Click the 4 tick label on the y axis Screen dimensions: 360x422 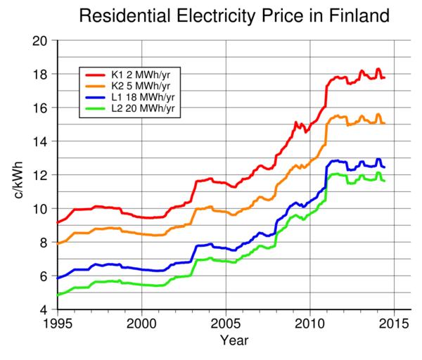click(44, 309)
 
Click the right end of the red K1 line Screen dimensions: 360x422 click(385, 77)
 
